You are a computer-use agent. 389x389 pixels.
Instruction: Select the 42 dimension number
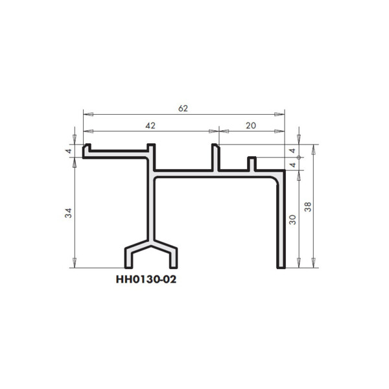(x=150, y=123)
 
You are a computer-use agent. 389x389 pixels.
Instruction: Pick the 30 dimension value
(x=292, y=220)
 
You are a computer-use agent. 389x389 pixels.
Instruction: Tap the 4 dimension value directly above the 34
(x=69, y=151)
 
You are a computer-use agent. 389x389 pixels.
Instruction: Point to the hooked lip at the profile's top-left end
(x=86, y=150)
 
